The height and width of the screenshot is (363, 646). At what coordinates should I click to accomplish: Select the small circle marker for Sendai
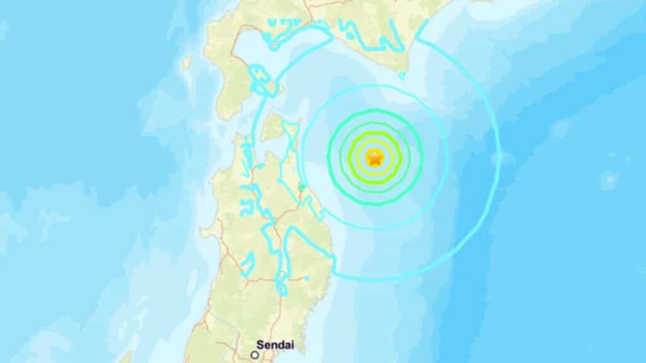coord(254,355)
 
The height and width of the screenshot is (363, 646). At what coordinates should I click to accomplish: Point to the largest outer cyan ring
coord(498,158)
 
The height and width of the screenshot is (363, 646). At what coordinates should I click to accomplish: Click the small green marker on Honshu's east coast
coord(302,187)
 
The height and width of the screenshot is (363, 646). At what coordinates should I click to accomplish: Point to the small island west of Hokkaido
coord(187,63)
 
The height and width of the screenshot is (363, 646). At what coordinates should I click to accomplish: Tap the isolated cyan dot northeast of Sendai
coord(306,277)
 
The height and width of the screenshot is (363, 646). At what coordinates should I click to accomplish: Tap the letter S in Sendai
coord(261,345)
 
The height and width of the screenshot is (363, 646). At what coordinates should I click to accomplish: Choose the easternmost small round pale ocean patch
coord(609,180)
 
